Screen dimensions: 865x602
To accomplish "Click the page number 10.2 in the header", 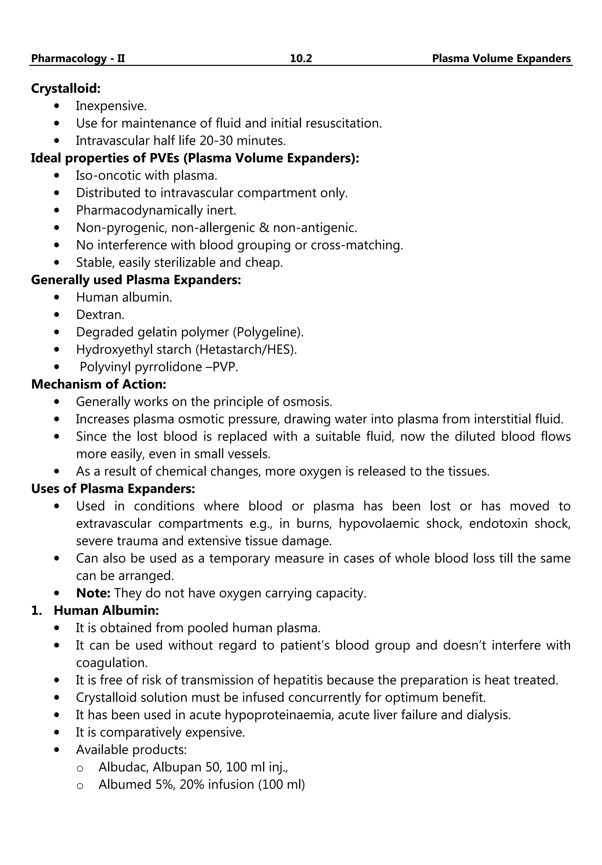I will point(301,59).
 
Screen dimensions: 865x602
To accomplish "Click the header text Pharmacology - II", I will point(78,59).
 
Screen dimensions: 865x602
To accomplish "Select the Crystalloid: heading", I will point(66,88).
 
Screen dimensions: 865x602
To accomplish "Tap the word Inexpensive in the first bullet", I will point(111,106).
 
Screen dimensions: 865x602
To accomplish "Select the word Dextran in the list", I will point(99,315).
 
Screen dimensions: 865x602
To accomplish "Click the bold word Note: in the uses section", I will point(93,593).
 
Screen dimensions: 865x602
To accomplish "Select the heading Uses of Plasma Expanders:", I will point(113,489).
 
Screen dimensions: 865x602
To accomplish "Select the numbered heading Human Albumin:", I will point(106,610).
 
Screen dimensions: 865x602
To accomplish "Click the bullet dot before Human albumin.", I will point(57,297).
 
